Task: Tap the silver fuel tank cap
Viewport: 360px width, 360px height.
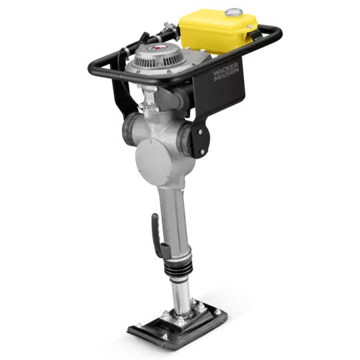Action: [x=233, y=12]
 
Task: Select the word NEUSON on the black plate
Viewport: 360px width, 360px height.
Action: [x=227, y=75]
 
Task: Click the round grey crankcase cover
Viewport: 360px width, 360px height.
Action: [x=153, y=162]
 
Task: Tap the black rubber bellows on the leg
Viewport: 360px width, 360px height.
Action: [x=178, y=267]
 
